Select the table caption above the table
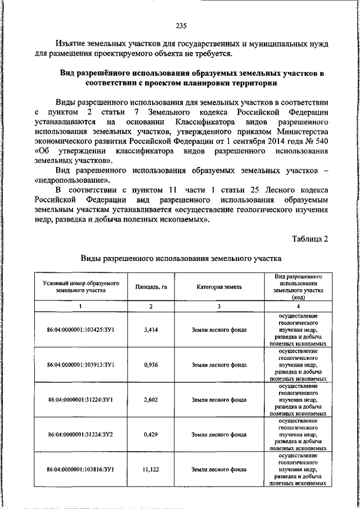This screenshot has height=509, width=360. coord(180,260)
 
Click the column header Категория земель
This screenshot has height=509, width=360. coord(219,287)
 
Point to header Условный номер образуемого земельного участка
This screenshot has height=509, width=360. coord(81,287)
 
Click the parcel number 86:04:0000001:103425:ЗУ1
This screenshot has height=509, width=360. coord(81,330)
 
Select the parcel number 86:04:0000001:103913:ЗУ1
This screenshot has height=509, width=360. coord(81,364)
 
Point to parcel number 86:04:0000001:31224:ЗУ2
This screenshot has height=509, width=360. coord(81,434)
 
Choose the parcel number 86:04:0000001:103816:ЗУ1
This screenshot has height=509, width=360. coord(81,469)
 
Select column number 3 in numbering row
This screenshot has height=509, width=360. coord(219,306)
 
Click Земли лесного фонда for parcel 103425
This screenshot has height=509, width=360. coord(219,330)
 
